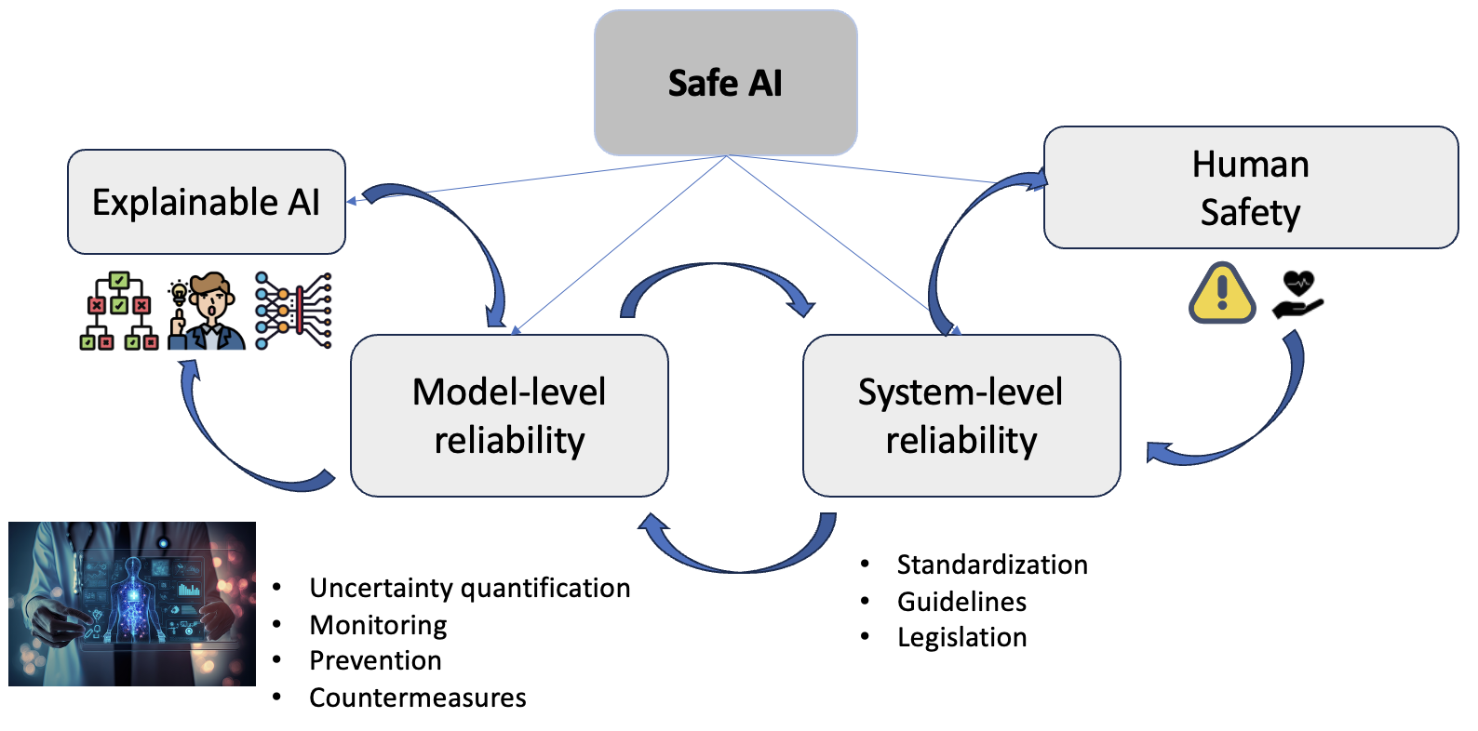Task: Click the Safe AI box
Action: point(726,83)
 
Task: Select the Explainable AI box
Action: point(207,202)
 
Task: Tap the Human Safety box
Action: point(1251,188)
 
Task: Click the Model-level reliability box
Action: point(509,416)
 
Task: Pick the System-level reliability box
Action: point(961,416)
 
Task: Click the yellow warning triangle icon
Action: point(1222,293)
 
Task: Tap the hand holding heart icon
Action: point(1297,295)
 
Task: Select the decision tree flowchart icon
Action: point(119,311)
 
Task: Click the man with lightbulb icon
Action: point(207,311)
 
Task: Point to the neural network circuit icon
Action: point(293,311)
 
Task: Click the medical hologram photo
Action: point(132,604)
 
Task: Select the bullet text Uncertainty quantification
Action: point(470,588)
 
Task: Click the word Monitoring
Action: point(378,625)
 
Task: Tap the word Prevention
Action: point(375,660)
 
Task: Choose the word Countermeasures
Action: point(418,698)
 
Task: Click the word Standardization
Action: point(992,565)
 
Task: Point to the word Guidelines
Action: point(962,602)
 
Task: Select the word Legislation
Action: point(962,637)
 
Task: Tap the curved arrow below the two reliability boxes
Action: point(739,569)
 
